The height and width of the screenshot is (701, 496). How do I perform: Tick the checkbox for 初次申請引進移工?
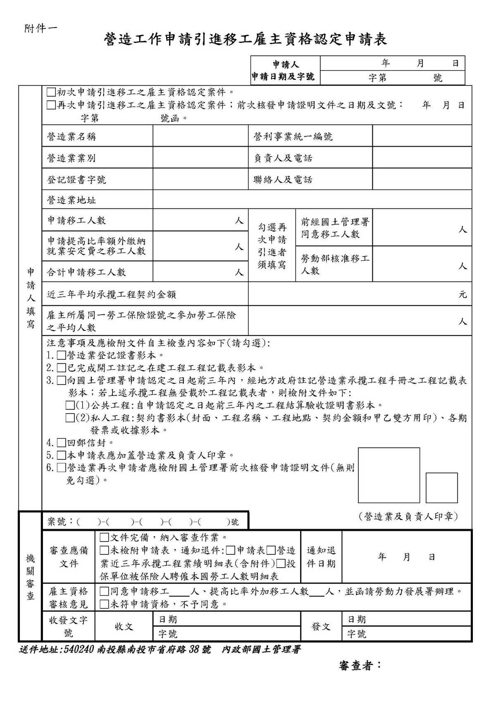click(51, 92)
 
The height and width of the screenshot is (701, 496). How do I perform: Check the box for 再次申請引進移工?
click(51, 105)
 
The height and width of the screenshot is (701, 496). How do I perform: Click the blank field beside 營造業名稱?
click(200, 136)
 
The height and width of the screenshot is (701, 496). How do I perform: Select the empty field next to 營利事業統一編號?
click(422, 136)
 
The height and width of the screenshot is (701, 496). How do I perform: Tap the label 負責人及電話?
click(283, 158)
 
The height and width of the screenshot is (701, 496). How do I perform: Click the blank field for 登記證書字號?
click(200, 180)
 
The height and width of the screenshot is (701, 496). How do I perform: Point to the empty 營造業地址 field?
click(312, 200)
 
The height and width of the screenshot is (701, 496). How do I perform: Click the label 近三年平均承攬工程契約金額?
click(112, 295)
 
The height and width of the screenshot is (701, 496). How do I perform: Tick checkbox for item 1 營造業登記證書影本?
click(61, 355)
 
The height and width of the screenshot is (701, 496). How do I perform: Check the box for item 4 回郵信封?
click(61, 443)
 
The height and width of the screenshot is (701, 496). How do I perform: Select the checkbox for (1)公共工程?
click(70, 405)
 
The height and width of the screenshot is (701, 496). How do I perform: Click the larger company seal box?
click(389, 475)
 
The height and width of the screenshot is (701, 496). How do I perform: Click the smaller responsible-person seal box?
click(441, 487)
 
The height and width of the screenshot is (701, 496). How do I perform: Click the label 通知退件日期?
click(321, 557)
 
